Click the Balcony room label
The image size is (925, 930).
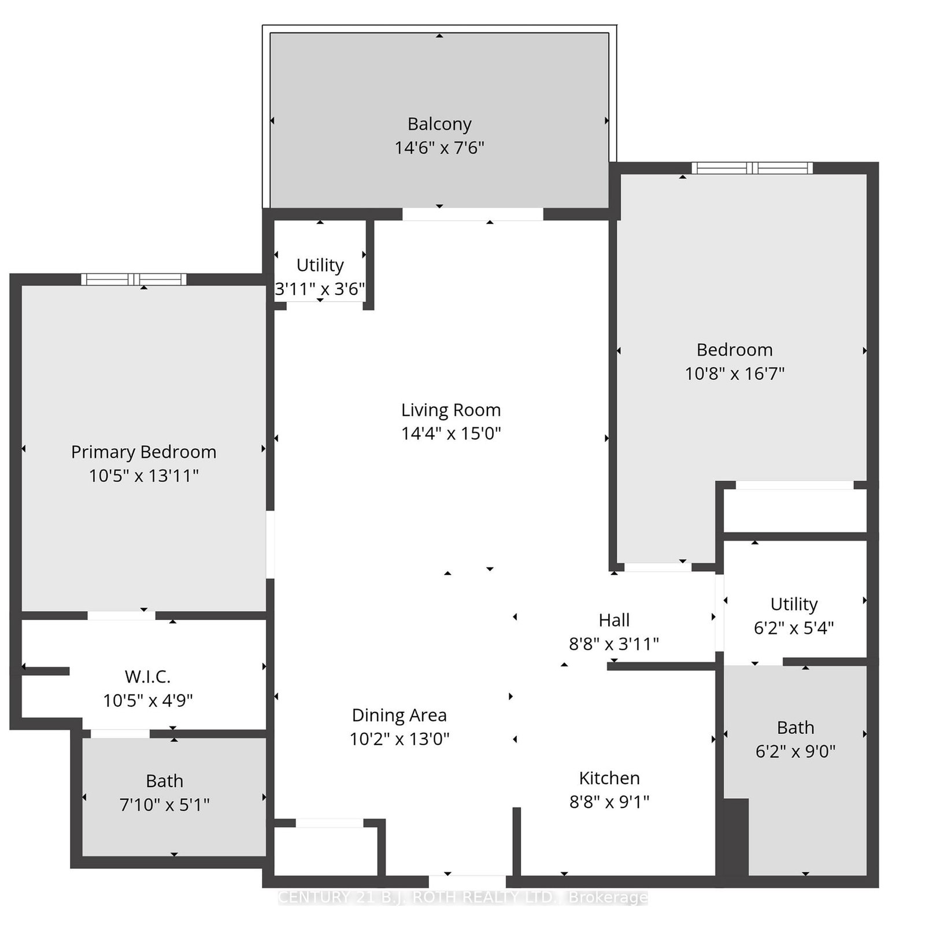click(439, 124)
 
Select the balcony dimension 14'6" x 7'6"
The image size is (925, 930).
click(439, 148)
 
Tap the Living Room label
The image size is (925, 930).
click(451, 410)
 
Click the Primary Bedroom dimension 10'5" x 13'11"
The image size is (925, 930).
click(144, 476)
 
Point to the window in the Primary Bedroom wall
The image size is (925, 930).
click(134, 280)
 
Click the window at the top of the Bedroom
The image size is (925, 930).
click(752, 168)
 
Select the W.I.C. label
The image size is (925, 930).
click(147, 677)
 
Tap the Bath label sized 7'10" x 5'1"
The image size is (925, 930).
click(164, 781)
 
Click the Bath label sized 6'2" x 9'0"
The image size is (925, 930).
click(795, 728)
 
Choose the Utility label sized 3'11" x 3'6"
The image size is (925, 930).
click(320, 265)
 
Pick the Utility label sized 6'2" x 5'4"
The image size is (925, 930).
click(794, 604)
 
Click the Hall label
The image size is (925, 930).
click(614, 620)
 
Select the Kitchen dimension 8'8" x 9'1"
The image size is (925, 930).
click(609, 802)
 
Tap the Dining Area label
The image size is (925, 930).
click(399, 715)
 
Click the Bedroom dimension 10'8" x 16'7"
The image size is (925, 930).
click(735, 374)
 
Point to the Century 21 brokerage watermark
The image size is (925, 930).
click(462, 897)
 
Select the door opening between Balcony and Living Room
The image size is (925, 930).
click(472, 215)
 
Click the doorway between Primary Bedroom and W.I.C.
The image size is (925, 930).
click(121, 615)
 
